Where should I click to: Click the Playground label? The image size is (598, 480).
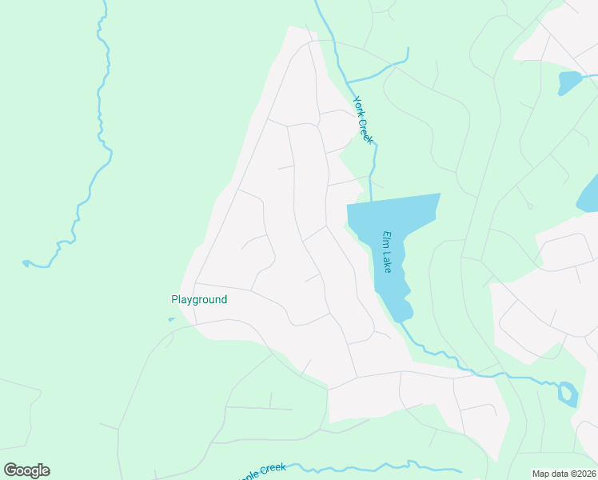click(x=199, y=300)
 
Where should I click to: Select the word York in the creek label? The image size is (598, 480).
click(x=359, y=106)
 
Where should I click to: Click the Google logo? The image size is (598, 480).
click(x=26, y=470)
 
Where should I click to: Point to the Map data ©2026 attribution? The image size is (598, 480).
click(x=563, y=474)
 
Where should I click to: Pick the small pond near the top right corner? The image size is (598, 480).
click(x=568, y=82)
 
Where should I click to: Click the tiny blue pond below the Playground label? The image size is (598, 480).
click(x=171, y=320)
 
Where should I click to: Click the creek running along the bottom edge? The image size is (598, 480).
click(x=352, y=467)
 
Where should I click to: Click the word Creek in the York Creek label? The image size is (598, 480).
click(x=368, y=130)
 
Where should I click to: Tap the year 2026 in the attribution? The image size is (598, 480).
click(x=584, y=474)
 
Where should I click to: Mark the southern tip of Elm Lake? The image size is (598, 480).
click(x=404, y=318)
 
